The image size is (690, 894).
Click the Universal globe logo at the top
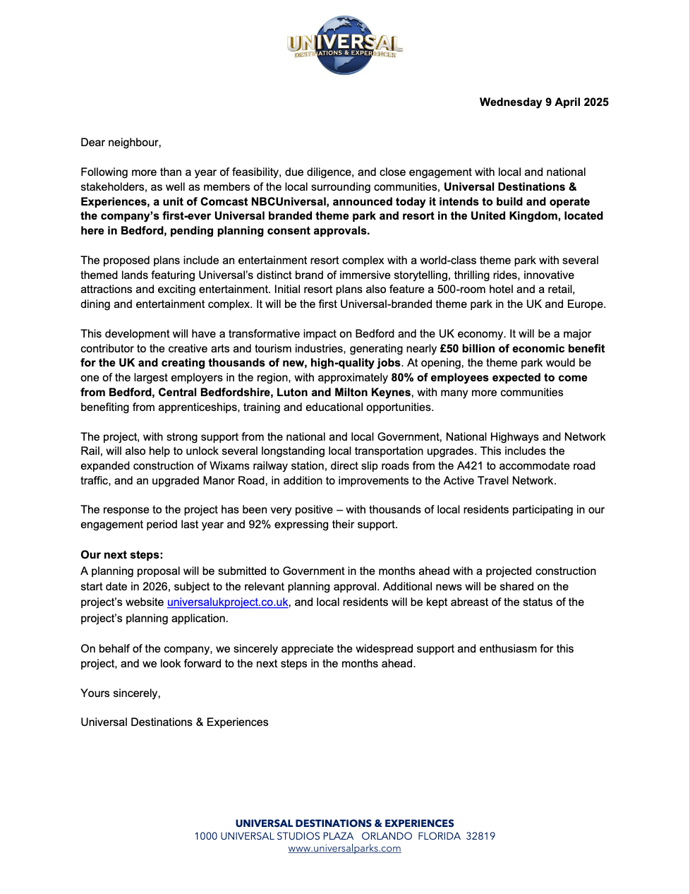345,44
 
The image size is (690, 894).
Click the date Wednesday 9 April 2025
543,102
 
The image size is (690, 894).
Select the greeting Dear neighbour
121,143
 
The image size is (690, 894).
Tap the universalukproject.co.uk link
227,602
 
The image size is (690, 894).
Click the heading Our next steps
121,555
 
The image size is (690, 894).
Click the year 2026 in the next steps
155,587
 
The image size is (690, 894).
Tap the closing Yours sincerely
121,693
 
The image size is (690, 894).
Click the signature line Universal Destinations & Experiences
174,722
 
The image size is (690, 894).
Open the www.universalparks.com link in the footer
344,849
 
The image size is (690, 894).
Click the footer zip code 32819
480,836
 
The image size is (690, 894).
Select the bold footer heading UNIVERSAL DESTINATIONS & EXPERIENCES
344,823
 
